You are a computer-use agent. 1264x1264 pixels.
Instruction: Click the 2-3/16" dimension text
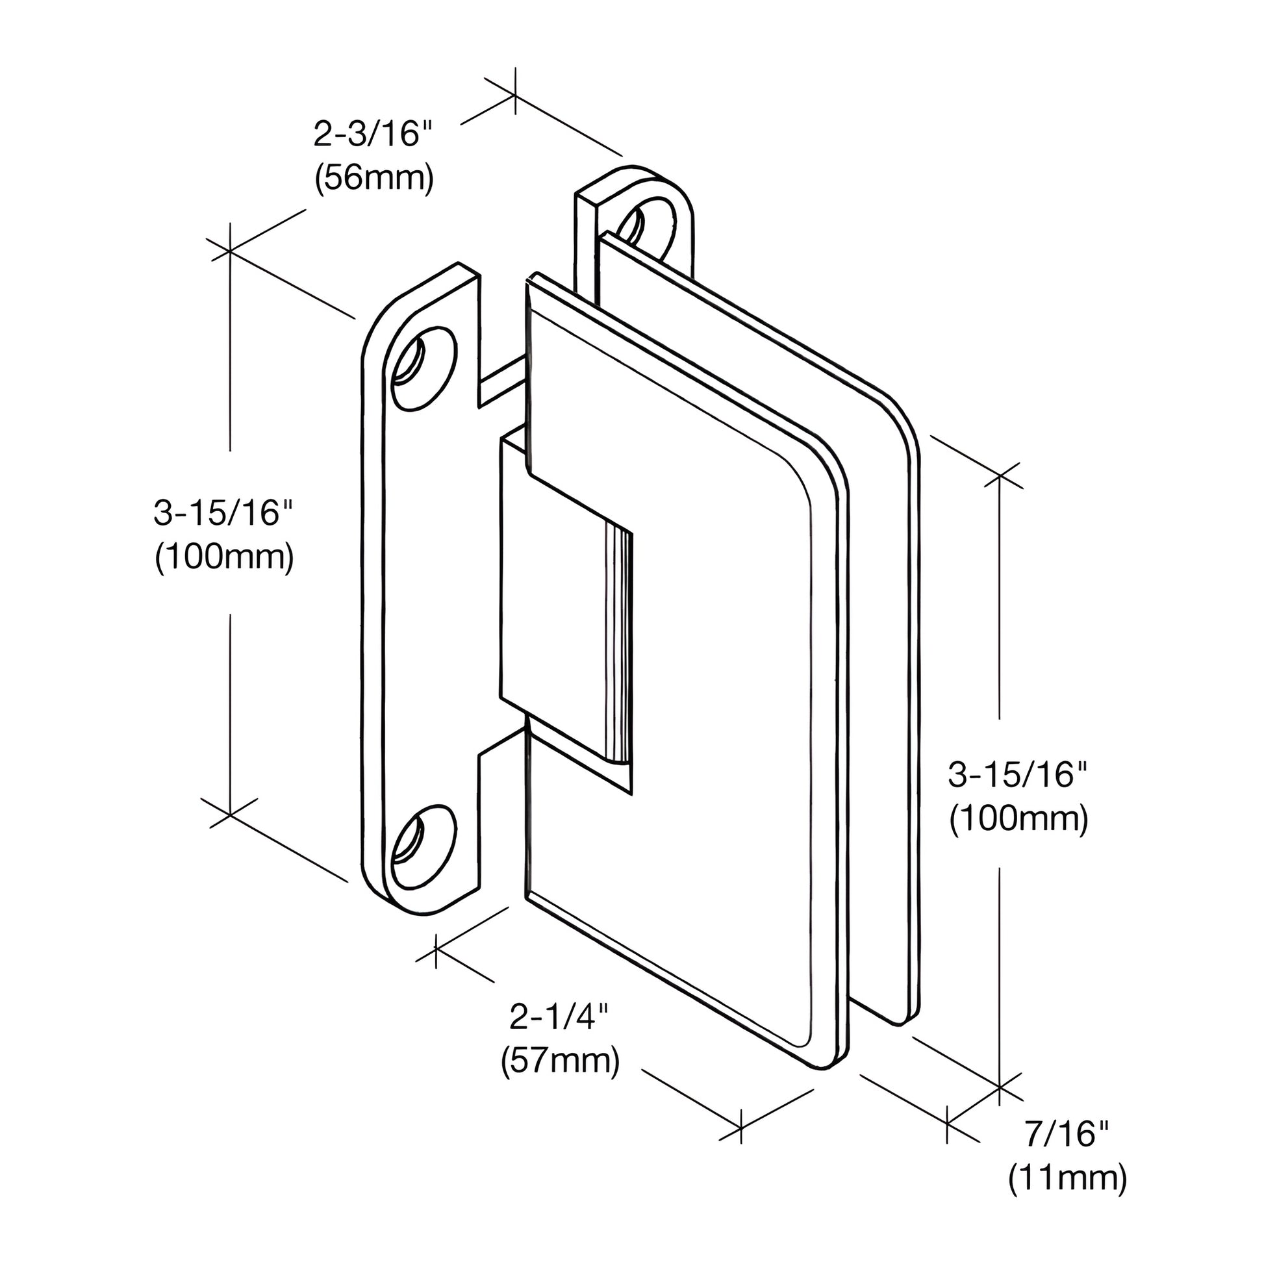point(373,134)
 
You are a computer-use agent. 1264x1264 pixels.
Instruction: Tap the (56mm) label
point(373,178)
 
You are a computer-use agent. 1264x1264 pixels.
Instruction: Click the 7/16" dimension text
point(1067,1134)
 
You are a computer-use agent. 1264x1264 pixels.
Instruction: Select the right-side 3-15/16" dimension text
point(1018,776)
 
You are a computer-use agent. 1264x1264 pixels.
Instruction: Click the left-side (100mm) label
point(223,558)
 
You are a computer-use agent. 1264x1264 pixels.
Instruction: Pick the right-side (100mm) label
point(1018,819)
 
